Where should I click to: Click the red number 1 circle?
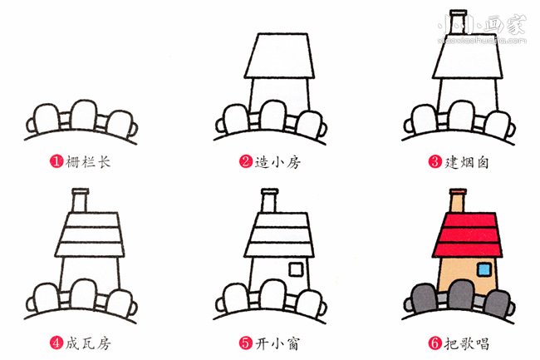pyautogui.click(x=56, y=161)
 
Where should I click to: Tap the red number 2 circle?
pyautogui.click(x=246, y=161)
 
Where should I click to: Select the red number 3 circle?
pyautogui.click(x=435, y=161)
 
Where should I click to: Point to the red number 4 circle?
pyautogui.click(x=56, y=343)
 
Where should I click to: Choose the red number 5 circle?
pyautogui.click(x=246, y=343)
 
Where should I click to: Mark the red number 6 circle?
pyautogui.click(x=435, y=343)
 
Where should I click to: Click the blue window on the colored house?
pyautogui.click(x=484, y=269)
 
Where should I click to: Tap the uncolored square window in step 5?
pyautogui.click(x=296, y=269)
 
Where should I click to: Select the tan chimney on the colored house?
pyautogui.click(x=458, y=200)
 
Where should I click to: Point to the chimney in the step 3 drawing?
pyautogui.click(x=459, y=22)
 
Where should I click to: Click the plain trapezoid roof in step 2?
pyautogui.click(x=279, y=56)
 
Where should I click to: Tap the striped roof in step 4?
pyautogui.click(x=90, y=235)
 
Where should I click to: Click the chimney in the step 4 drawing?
pyautogui.click(x=80, y=200)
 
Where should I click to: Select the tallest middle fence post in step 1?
pyautogui.click(x=84, y=115)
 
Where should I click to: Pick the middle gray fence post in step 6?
pyautogui.click(x=461, y=295)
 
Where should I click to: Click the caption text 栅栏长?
pyautogui.click(x=88, y=161)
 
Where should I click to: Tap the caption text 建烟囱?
pyautogui.click(x=467, y=161)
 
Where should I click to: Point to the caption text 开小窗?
pyautogui.click(x=277, y=343)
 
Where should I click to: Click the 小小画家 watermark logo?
pyautogui.click(x=482, y=28)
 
